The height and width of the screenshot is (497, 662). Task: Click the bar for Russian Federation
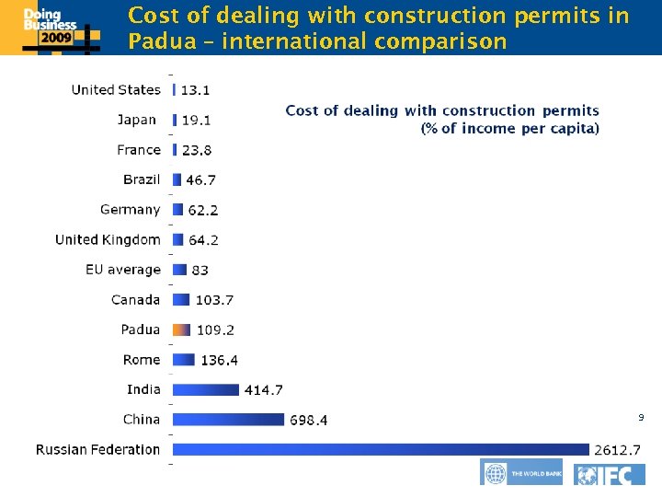380,449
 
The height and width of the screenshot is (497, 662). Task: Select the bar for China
228,420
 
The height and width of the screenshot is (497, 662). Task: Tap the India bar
205,389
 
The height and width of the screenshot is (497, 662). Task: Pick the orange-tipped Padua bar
181,329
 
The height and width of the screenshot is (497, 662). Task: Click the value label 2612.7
618,450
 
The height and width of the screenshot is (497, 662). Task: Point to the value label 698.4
309,421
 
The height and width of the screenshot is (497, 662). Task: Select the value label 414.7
263,390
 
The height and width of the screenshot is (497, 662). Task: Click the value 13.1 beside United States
194,90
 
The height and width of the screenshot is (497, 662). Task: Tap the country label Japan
136,120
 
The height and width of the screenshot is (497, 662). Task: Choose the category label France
138,149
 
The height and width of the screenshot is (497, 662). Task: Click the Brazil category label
142,179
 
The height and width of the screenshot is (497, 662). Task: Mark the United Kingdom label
108,239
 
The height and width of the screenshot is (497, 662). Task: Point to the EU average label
123,270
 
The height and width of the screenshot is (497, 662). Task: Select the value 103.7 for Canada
214,300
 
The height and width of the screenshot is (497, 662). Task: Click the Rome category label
142,359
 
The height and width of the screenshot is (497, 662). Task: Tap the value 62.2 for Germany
203,211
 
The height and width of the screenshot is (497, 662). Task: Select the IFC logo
610,474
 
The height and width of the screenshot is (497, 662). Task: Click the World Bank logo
520,473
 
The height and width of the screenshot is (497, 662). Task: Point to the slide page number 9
641,419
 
